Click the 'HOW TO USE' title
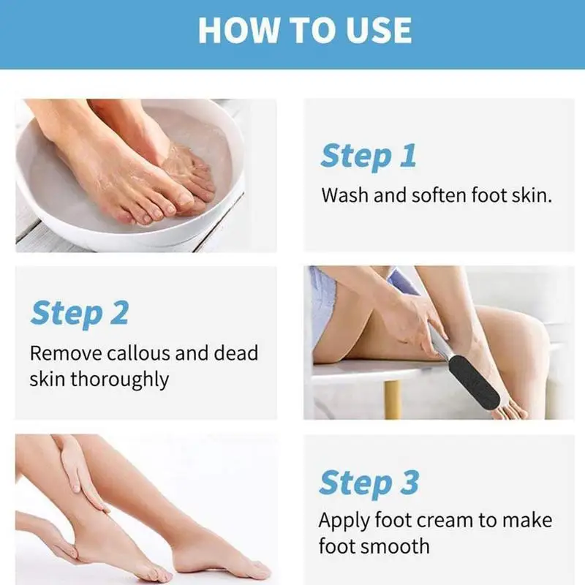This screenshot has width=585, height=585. click(305, 30)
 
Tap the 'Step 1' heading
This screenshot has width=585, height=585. click(369, 156)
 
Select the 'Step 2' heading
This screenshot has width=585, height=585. click(80, 314)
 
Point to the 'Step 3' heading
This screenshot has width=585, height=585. click(369, 483)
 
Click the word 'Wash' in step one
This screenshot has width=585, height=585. click(345, 195)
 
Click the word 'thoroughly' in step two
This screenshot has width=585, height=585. click(119, 380)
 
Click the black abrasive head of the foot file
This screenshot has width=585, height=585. click(474, 382)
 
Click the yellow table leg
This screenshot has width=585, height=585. click(393, 399)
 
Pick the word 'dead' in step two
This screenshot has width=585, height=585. click(235, 352)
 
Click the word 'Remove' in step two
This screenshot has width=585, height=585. click(66, 353)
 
